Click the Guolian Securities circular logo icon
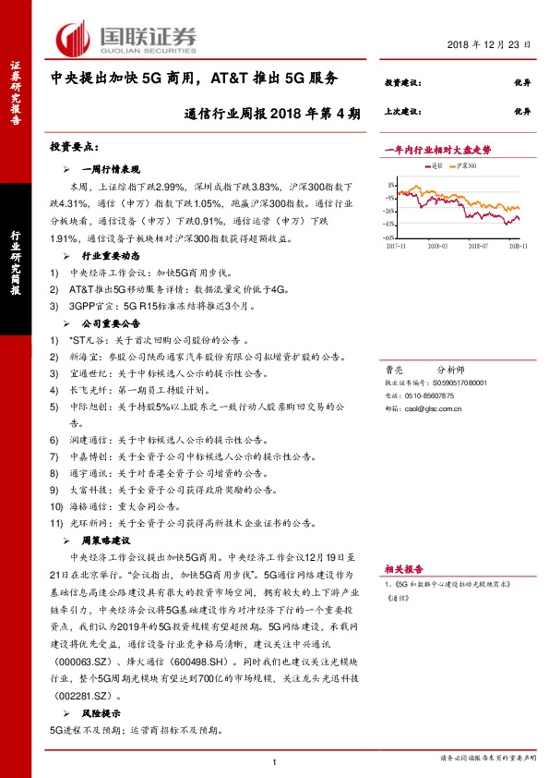tap(73, 38)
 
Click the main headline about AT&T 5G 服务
tap(194, 79)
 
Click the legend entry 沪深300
tap(465, 165)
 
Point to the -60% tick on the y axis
tap(389, 237)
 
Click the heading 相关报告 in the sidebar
tap(404, 568)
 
